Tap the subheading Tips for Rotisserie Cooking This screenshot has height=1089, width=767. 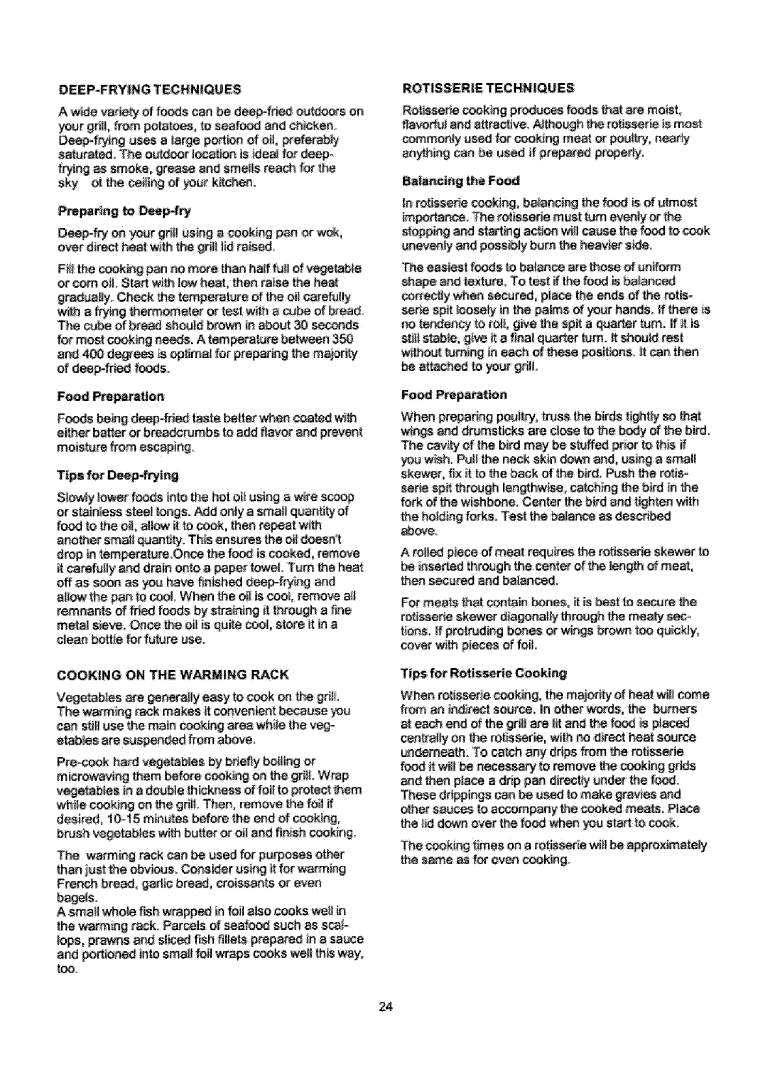coord(484,672)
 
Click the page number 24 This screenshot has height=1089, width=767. coord(384,1007)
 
